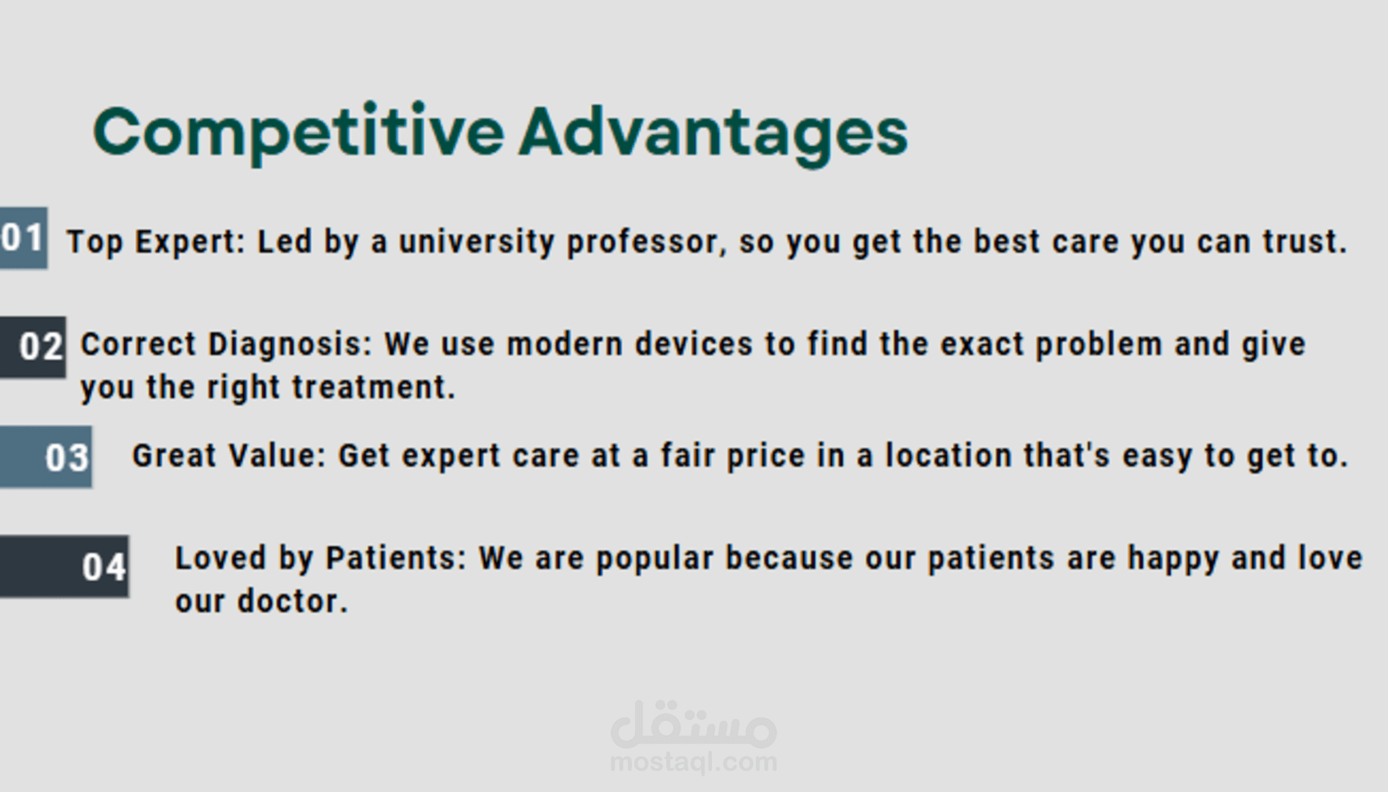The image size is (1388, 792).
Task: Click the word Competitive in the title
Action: [x=300, y=133]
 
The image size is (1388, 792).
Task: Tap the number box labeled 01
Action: [x=24, y=238]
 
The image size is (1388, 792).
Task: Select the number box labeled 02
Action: [x=33, y=347]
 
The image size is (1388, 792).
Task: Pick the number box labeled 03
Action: [x=46, y=457]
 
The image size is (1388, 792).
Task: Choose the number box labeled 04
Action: [x=65, y=567]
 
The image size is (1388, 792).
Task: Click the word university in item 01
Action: [x=477, y=242]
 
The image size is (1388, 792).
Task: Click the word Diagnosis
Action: [x=289, y=345]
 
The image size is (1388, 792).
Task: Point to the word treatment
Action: [x=374, y=387]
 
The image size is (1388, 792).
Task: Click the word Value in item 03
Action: [x=277, y=456]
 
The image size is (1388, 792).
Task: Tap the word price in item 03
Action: [x=766, y=456]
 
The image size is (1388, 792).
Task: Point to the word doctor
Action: [x=292, y=600]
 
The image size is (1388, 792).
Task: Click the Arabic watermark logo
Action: [x=694, y=724]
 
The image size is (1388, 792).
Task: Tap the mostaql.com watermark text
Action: [x=694, y=763]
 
